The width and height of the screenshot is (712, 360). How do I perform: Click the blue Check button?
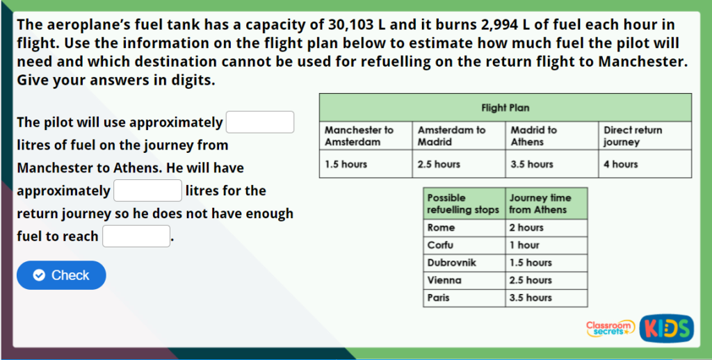[61, 275]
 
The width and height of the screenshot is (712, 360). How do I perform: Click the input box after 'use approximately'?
[260, 122]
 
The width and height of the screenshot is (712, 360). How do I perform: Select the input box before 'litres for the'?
[147, 190]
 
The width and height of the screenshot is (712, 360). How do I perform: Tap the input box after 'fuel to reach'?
[136, 236]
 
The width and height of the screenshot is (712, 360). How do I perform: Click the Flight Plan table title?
[505, 108]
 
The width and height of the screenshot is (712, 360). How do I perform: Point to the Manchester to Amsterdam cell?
[366, 136]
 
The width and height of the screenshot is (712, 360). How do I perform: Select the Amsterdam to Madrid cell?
[459, 136]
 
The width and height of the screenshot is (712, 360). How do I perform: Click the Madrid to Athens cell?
[552, 136]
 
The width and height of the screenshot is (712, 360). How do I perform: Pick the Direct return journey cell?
[645, 136]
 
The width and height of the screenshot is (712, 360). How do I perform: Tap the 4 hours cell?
[645, 164]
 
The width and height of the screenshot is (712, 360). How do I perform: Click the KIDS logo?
[667, 328]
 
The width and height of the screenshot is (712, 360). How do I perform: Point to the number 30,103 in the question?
[350, 24]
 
